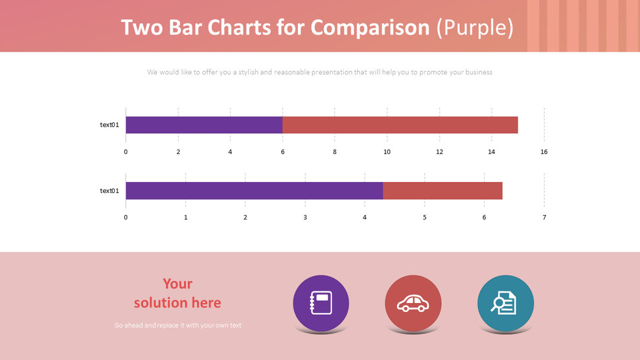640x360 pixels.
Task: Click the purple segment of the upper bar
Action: [x=203, y=125]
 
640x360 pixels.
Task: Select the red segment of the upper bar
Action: [x=400, y=125]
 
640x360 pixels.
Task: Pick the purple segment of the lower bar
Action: [x=254, y=190]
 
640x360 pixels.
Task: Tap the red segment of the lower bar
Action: [x=442, y=190]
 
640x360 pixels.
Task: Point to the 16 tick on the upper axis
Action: [x=543, y=152]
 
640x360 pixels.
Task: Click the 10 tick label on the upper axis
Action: [x=387, y=152]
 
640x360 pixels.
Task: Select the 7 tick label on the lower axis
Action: [x=544, y=218]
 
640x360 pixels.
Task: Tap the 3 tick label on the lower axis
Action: [x=305, y=218]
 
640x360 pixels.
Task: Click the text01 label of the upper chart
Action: [x=109, y=125]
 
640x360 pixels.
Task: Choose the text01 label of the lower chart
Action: [x=109, y=190]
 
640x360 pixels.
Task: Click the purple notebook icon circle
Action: [x=321, y=303]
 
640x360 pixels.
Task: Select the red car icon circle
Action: [x=413, y=303]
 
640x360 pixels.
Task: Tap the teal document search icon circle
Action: [x=505, y=303]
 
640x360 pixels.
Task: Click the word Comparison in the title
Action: [x=370, y=28]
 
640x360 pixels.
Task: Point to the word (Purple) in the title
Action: [x=475, y=28]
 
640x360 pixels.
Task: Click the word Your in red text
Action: [x=177, y=284]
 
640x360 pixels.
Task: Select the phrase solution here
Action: [x=177, y=302]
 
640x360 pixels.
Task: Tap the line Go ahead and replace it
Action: [x=177, y=325]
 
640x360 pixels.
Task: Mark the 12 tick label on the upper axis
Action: [x=439, y=152]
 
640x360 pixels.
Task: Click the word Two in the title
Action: [x=140, y=28]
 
